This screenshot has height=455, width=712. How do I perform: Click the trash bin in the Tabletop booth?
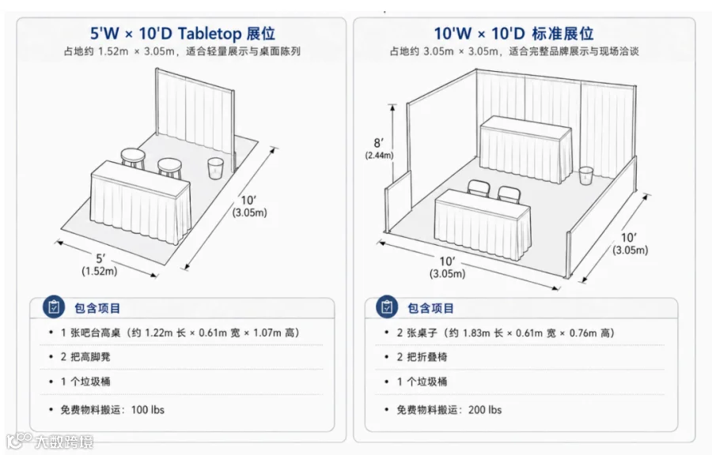click(x=215, y=167)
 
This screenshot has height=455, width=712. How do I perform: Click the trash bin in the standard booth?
click(x=585, y=176)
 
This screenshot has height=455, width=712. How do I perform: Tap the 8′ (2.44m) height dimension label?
click(x=379, y=149)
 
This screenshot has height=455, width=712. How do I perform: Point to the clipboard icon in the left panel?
click(x=54, y=307)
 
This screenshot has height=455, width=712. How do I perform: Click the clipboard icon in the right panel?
click(x=387, y=306)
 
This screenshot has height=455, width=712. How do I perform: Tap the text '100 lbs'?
click(x=148, y=410)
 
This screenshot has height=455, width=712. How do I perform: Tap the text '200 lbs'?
click(x=485, y=410)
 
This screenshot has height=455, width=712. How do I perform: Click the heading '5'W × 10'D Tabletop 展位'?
click(x=183, y=33)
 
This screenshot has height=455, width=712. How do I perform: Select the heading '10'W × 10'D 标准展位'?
click(x=513, y=33)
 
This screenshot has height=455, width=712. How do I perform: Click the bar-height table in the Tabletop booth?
click(x=141, y=201)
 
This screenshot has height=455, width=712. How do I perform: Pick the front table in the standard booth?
click(x=483, y=224)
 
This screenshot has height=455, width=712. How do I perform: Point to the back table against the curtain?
click(x=526, y=149)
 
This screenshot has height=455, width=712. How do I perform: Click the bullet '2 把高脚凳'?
click(x=85, y=357)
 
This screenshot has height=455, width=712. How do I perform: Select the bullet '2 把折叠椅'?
click(x=422, y=357)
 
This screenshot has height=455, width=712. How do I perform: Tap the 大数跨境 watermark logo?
click(x=50, y=441)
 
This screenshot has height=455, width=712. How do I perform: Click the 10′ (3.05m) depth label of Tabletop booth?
click(x=249, y=206)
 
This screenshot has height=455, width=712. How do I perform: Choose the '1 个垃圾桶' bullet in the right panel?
click(x=422, y=382)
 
